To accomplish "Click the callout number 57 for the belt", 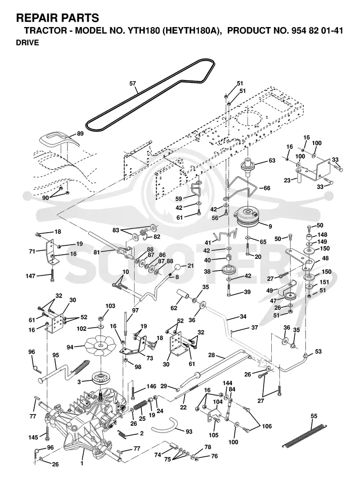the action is [133, 83].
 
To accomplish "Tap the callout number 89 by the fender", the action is [80, 134].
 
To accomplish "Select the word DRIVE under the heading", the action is [27, 43].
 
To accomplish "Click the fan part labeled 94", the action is [99, 346].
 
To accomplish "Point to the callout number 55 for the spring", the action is [314, 416].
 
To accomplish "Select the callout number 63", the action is [272, 161].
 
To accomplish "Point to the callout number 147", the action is [31, 276].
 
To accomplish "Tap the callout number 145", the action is [33, 437].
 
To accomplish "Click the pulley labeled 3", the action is [99, 378].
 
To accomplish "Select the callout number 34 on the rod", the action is [243, 316].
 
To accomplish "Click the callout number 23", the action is [287, 180].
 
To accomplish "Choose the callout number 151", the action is [324, 282].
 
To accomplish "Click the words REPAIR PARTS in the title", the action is [58, 18].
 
